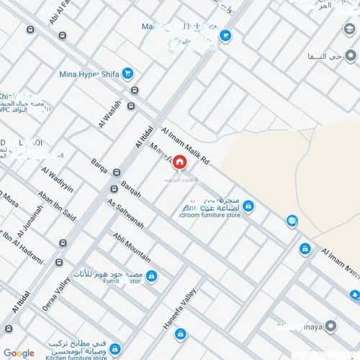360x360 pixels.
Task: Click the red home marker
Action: [x=179, y=165]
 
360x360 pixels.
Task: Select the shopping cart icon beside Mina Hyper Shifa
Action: [x=127, y=73]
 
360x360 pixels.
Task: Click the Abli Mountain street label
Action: [x=132, y=247]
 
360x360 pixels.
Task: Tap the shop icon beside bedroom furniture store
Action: [x=248, y=207]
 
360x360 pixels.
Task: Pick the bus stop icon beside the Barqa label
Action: [x=114, y=189]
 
